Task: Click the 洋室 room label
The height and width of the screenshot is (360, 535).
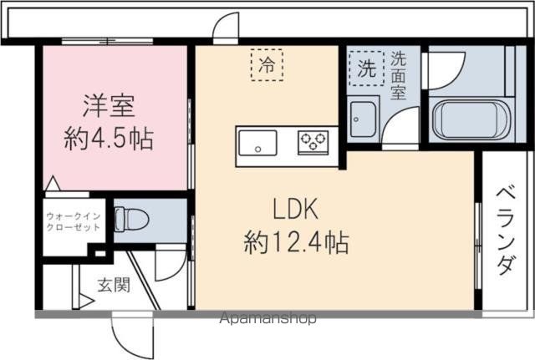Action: [108, 107]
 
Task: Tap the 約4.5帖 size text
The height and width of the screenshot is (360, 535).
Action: [109, 138]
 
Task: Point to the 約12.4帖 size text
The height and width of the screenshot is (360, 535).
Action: [296, 243]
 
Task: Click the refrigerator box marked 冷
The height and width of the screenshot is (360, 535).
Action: [267, 64]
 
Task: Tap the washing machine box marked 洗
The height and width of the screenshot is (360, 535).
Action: [367, 69]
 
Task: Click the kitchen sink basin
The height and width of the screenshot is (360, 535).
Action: [256, 145]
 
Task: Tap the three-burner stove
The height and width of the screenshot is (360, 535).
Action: [314, 141]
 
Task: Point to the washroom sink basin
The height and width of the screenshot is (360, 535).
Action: [363, 120]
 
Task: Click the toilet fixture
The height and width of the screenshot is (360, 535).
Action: [131, 219]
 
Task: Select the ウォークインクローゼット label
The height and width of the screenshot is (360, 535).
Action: [74, 222]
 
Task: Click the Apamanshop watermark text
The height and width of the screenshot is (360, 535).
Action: [268, 318]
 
